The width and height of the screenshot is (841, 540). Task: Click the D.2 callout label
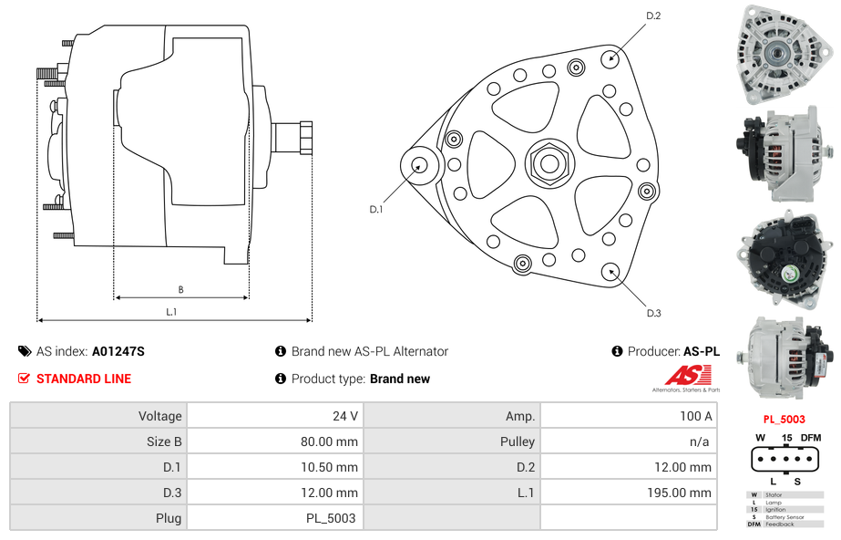coord(652,16)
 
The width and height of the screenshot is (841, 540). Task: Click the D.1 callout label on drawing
coord(375,209)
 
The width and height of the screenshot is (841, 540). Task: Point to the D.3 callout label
coord(652,313)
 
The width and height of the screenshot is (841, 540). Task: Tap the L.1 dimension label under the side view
coord(170,311)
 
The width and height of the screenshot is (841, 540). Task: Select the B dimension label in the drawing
coord(180,289)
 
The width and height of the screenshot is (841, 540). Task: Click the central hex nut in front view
coord(549,164)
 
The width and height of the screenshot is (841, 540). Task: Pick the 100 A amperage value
coord(696,416)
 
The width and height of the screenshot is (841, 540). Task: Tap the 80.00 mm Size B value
coord(329,441)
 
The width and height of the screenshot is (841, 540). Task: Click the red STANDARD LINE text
coord(83,379)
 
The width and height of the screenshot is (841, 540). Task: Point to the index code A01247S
coord(118,351)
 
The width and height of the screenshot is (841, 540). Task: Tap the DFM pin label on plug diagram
coord(811,438)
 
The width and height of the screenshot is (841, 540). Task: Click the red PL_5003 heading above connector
coord(784,420)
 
